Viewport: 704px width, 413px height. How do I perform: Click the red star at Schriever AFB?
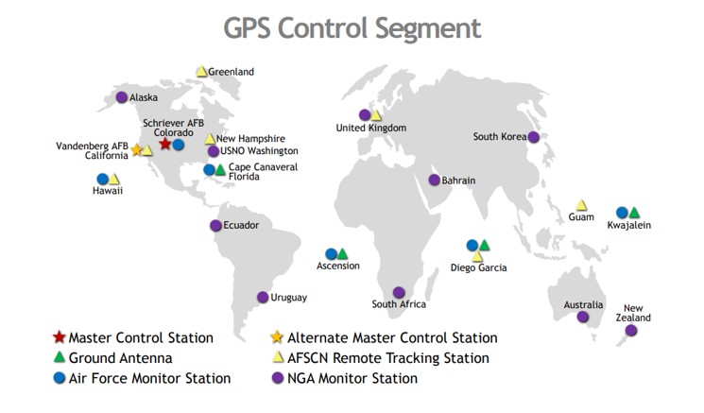point(165,144)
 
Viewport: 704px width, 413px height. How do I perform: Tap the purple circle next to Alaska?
point(122,96)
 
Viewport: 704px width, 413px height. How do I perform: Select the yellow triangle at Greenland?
point(201,71)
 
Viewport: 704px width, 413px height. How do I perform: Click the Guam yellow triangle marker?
point(581,204)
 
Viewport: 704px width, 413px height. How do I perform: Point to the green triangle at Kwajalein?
point(634,213)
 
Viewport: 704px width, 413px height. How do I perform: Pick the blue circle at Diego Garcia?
point(472,245)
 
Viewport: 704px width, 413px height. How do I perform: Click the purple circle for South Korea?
point(534,137)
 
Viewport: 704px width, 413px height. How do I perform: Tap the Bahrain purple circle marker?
point(434,180)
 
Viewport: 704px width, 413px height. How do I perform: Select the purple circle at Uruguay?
point(263,297)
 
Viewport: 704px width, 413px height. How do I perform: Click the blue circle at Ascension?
point(331,253)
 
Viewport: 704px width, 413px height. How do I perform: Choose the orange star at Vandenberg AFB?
point(136,150)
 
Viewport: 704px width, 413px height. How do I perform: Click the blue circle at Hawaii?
point(102,179)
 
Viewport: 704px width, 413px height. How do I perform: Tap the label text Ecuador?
point(241,225)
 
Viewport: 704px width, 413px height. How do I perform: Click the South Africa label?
point(399,304)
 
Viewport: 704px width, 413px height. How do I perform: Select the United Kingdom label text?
point(370,128)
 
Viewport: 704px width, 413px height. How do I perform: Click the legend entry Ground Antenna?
point(120,358)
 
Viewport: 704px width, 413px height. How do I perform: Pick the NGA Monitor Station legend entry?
point(352,378)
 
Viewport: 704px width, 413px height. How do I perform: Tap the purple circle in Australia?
point(583,317)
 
